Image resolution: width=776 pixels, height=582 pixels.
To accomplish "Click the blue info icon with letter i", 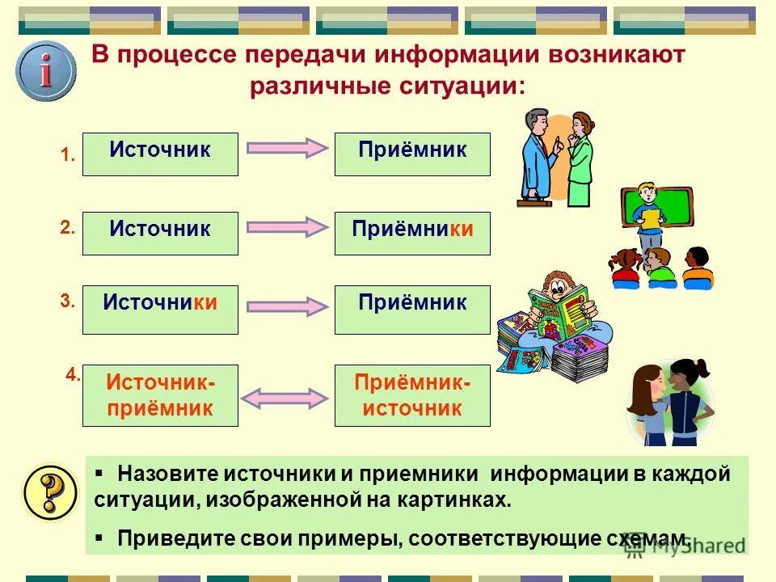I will (x=46, y=72).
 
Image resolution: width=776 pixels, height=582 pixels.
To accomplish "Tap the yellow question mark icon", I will (x=49, y=491).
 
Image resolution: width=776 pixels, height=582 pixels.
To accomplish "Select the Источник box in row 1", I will (x=160, y=154).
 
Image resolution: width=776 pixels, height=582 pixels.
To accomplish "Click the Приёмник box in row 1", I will (x=412, y=154).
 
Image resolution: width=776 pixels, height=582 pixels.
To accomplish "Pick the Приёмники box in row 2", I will (x=412, y=233).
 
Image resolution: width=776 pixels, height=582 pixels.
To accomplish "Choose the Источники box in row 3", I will (x=160, y=309).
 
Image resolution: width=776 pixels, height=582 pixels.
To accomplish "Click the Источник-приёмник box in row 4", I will (x=160, y=395).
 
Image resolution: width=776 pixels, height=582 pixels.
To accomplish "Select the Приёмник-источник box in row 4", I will (x=412, y=395).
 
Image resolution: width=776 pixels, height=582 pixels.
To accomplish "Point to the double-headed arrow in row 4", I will (x=285, y=397).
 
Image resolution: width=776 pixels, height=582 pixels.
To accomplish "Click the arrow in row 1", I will (x=285, y=149).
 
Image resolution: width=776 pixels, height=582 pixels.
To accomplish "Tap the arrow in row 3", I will (x=285, y=306).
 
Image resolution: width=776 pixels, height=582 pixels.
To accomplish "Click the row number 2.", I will (x=67, y=229).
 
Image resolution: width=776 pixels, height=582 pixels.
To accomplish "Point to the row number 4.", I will (x=73, y=374).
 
